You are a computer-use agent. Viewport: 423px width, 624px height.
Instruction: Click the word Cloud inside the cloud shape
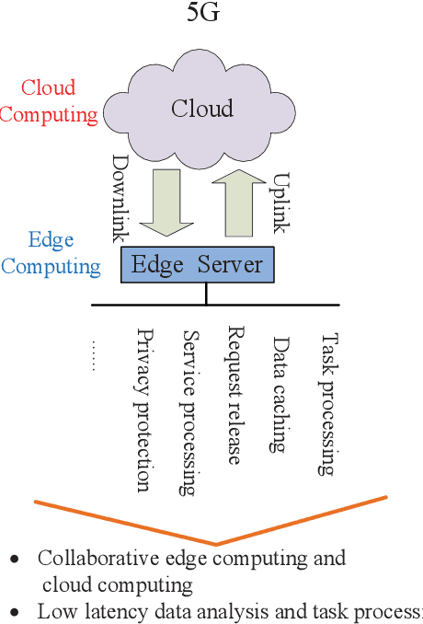201,109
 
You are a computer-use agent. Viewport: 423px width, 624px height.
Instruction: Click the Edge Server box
197,265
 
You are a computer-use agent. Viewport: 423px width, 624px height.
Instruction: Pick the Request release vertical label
235,396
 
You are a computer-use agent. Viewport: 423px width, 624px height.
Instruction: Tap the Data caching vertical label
280,393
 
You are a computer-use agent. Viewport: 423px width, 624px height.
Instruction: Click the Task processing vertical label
326,404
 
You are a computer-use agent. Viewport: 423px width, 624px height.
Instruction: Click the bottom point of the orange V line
216,543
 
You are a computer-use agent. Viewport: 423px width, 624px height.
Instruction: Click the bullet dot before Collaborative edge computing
14,559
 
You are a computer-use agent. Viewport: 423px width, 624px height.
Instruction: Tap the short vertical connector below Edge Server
206,293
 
